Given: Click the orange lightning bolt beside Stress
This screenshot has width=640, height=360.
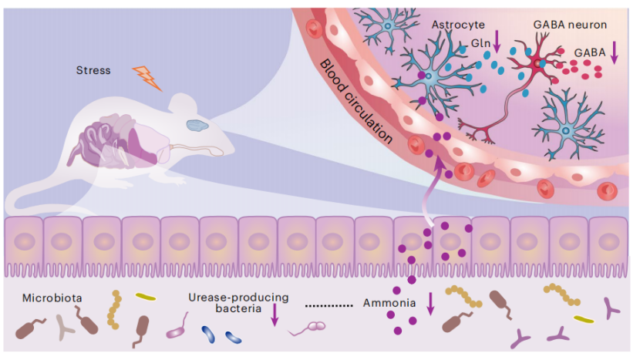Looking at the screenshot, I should coord(148,77).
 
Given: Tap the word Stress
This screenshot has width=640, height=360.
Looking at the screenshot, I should coord(93,70).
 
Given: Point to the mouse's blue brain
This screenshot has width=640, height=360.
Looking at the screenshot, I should coord(198,123).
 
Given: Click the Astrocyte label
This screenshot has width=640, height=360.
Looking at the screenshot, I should coord(458,25).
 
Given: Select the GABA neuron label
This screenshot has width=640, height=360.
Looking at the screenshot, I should coord(570,25).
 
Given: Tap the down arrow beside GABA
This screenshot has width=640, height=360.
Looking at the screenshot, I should coord(615,52).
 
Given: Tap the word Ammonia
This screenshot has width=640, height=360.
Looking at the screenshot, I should coord(389,303).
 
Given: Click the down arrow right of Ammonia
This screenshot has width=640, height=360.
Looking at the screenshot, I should coord(430,302).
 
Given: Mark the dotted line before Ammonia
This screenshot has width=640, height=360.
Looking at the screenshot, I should coord(329,305).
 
